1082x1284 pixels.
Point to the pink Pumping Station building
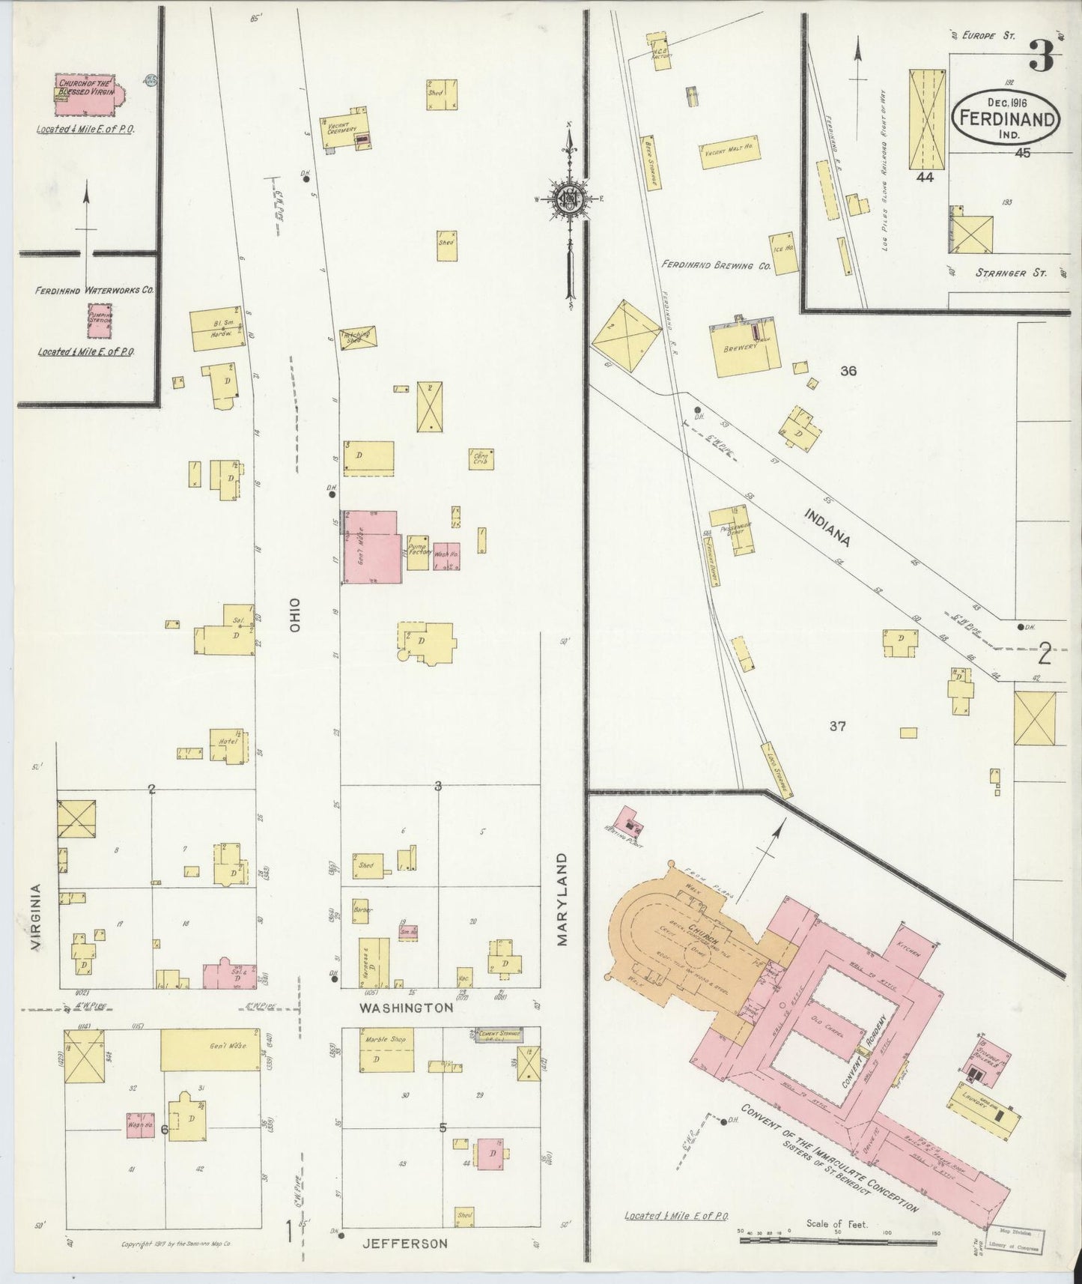(x=99, y=318)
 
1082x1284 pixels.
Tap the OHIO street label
(x=294, y=616)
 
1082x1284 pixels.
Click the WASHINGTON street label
(x=405, y=1008)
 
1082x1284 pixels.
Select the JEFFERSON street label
(x=404, y=1244)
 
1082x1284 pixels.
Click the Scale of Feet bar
(x=837, y=1241)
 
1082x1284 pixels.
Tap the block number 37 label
(x=837, y=726)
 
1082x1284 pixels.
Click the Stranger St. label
(x=1009, y=273)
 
